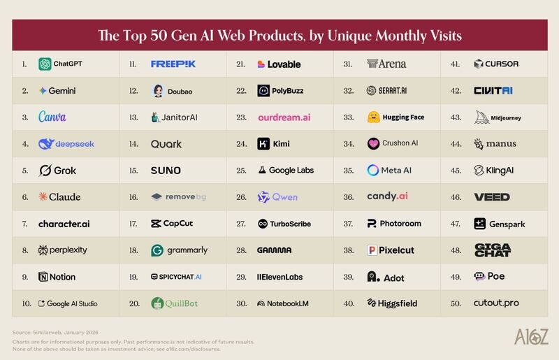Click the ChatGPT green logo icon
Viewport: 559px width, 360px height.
(x=45, y=64)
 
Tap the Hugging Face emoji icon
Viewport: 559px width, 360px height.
(x=373, y=117)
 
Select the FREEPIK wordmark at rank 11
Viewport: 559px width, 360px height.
(x=173, y=64)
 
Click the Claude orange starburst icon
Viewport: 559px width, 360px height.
(x=43, y=196)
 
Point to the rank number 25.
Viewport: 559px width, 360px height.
(x=241, y=171)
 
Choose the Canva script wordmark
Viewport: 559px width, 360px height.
(x=52, y=117)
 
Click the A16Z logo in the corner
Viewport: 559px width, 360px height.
(x=531, y=337)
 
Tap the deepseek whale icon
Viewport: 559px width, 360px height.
(x=46, y=144)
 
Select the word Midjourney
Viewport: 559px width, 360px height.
(x=505, y=117)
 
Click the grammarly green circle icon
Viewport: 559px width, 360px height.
(x=157, y=250)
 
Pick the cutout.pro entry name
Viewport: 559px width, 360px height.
(x=496, y=303)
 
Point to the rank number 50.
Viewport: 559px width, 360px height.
(x=456, y=303)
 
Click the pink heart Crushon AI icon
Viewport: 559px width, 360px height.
(x=373, y=143)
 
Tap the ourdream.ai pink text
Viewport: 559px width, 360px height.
(x=284, y=117)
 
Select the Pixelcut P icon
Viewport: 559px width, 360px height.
(x=372, y=250)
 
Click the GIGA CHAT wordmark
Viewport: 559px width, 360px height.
(x=493, y=250)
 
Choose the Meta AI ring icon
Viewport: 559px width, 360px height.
(x=373, y=170)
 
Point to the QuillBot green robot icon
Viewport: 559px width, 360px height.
(x=157, y=303)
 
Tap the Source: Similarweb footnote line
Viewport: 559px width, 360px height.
(x=55, y=332)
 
